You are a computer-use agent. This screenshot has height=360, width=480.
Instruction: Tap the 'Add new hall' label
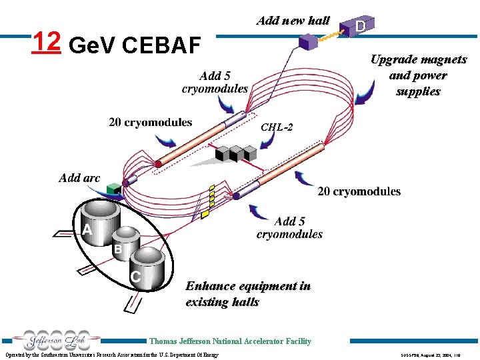pos(293,21)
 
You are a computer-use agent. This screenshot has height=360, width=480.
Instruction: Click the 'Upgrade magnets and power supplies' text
pos(418,75)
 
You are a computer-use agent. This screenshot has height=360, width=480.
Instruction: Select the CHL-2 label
pos(276,127)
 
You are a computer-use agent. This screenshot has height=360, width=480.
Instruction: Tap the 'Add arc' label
pos(79,177)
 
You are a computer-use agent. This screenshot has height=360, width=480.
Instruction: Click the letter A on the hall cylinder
pos(87,229)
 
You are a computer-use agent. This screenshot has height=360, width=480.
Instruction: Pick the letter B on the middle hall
pos(117,249)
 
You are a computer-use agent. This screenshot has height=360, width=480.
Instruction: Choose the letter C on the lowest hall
pos(135,276)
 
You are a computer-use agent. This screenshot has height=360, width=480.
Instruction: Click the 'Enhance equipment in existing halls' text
pos(248,294)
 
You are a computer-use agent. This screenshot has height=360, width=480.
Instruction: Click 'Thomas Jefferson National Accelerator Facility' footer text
pos(230,341)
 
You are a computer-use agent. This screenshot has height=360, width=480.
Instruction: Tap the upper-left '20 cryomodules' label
pos(150,122)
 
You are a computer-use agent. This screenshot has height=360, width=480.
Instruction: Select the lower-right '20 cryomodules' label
pos(359,191)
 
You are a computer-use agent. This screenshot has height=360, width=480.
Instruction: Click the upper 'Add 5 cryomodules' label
pos(215,82)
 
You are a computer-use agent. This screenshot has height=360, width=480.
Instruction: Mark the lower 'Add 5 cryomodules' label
pos(289,227)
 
